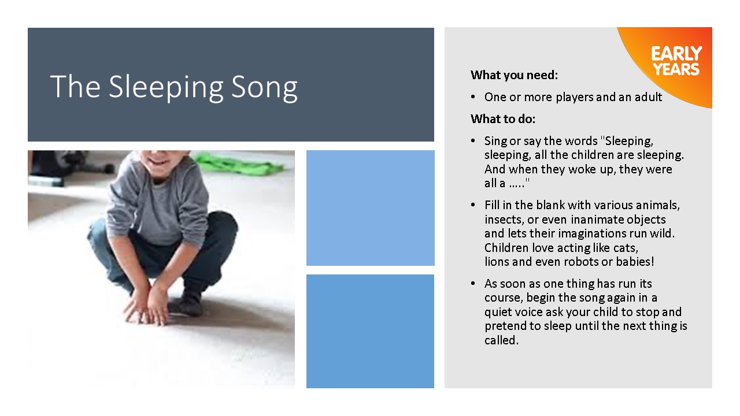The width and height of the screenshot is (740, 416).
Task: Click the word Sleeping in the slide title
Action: (166, 87)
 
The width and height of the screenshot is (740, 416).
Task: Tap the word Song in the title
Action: (264, 87)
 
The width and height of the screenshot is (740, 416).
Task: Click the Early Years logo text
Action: (676, 61)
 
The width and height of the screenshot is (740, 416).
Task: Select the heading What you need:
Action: (514, 75)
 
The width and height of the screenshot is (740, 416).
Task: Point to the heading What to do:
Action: (503, 119)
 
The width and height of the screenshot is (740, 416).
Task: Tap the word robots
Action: (582, 262)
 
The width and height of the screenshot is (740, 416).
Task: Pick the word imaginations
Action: (593, 234)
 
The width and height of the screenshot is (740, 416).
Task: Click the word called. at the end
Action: (501, 340)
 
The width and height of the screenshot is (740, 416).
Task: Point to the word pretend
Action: (505, 326)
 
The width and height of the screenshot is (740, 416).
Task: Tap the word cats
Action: (626, 248)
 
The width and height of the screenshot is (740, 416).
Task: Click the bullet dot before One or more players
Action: (473, 97)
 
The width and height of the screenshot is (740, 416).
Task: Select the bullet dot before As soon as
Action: (473, 284)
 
